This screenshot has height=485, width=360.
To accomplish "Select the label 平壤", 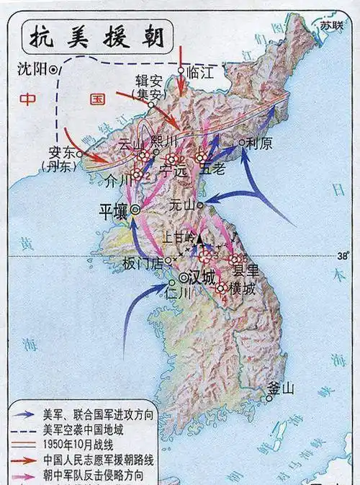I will click(114, 210).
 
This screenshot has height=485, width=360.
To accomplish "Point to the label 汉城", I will click(200, 277).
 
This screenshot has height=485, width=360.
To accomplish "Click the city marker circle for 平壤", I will click(134, 210).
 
